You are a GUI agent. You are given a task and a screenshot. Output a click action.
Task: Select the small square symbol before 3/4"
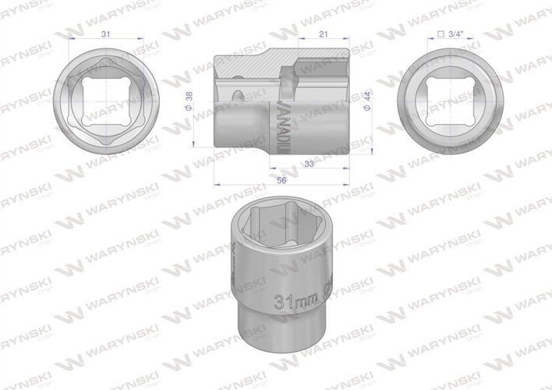(441, 34)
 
